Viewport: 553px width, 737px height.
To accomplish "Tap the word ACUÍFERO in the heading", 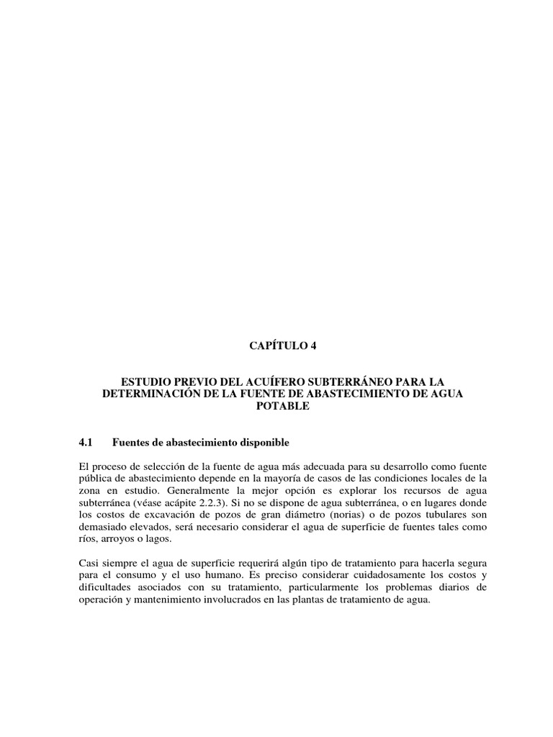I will tap(276, 380).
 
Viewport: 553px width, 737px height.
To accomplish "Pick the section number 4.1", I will tap(86, 440).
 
